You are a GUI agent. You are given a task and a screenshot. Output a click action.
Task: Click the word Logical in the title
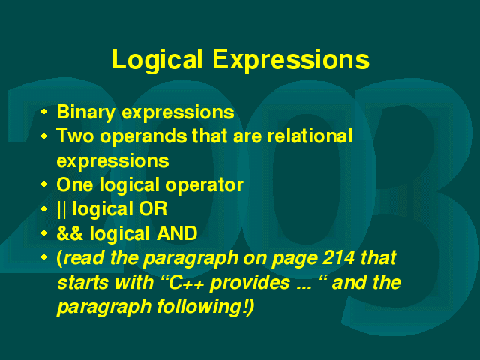pos(157,61)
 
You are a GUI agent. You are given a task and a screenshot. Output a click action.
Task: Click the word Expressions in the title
pos(291,61)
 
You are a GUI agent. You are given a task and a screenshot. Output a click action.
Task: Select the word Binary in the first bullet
pos(86,113)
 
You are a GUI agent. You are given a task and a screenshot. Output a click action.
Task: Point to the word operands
pos(143,137)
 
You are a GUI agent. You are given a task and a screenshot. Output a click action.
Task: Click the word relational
pos(310,136)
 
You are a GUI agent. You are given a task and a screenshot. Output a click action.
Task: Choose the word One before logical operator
pos(75,185)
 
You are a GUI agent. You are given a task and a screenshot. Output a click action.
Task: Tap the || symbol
pos(61,210)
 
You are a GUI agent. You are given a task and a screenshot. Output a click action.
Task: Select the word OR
pos(153,209)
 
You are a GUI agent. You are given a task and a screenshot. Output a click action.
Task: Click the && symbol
pos(70,233)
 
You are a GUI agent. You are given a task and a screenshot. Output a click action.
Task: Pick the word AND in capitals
pos(177,233)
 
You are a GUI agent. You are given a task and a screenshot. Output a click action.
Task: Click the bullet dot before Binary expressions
pos(44,112)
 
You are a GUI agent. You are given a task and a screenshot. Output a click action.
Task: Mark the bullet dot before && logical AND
pos(44,233)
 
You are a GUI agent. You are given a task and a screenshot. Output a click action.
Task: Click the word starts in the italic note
pos(82,283)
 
